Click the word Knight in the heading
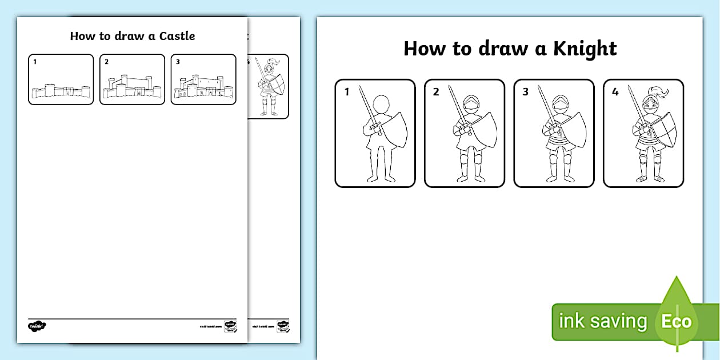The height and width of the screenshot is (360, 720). tap(585, 49)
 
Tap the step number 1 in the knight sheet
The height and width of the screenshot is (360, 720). tap(346, 91)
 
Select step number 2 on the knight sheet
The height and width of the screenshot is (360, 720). tap(436, 91)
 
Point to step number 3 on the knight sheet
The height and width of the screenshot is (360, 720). tap(525, 91)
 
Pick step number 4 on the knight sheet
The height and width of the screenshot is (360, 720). tap(615, 91)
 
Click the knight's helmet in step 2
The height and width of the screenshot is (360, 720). tap(469, 106)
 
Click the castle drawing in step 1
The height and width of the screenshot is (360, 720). tap(61, 91)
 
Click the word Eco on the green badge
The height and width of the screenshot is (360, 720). tap(677, 321)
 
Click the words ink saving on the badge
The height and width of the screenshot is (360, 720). tap(602, 321)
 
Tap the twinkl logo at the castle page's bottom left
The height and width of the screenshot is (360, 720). tap(37, 326)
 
